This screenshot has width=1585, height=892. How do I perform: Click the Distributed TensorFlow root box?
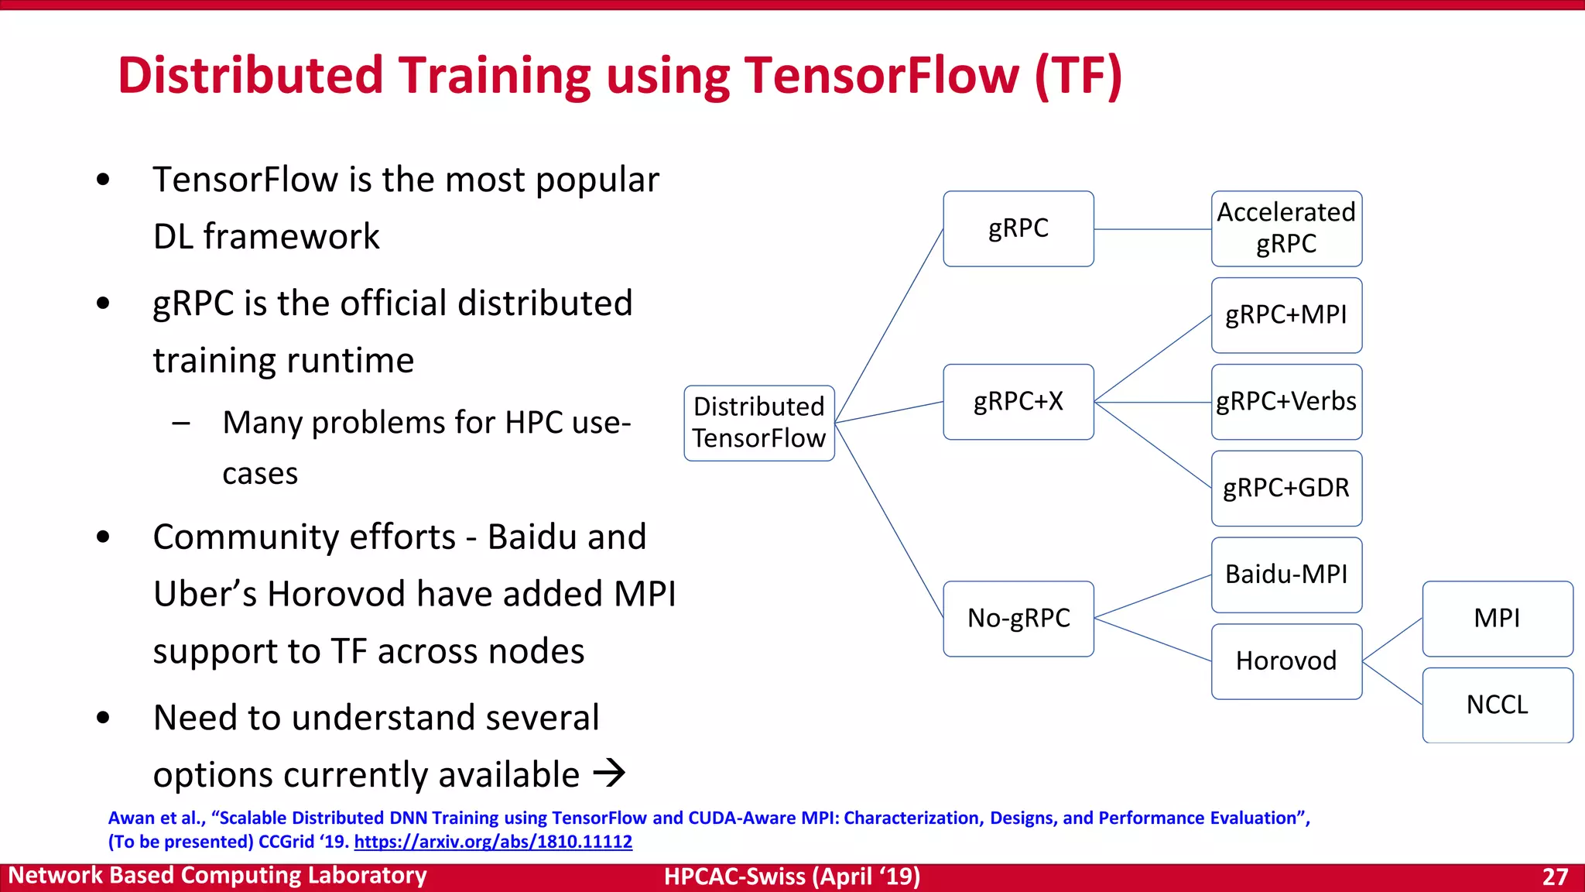coord(759,423)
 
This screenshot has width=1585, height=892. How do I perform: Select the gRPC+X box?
coord(1018,402)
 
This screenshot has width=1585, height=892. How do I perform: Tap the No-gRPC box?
coord(1018,619)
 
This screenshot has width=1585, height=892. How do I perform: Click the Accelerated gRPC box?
coord(1286,228)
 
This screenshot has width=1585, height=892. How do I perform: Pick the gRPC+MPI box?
coord(1286,315)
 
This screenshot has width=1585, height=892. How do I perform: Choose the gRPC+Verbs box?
coord(1286,402)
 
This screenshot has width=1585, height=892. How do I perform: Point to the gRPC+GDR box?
coord(1286,489)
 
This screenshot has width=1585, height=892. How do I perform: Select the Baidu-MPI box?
coord(1286,575)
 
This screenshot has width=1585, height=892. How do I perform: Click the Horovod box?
coord(1286,661)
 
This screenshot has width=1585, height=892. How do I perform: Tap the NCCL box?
coord(1497,705)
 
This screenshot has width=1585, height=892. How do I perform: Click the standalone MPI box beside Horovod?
coord(1497,619)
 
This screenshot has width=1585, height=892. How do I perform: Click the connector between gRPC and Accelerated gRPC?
coord(1152,229)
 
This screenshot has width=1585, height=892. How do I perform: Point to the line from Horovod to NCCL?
coord(1392,683)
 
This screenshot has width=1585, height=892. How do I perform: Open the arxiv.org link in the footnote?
coord(493,842)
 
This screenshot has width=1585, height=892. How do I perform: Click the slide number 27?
coord(1555,877)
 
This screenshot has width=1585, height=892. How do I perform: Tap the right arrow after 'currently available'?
coord(609,773)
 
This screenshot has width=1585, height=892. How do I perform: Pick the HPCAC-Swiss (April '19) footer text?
coord(792,877)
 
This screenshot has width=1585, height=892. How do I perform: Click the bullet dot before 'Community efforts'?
coord(103,537)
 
